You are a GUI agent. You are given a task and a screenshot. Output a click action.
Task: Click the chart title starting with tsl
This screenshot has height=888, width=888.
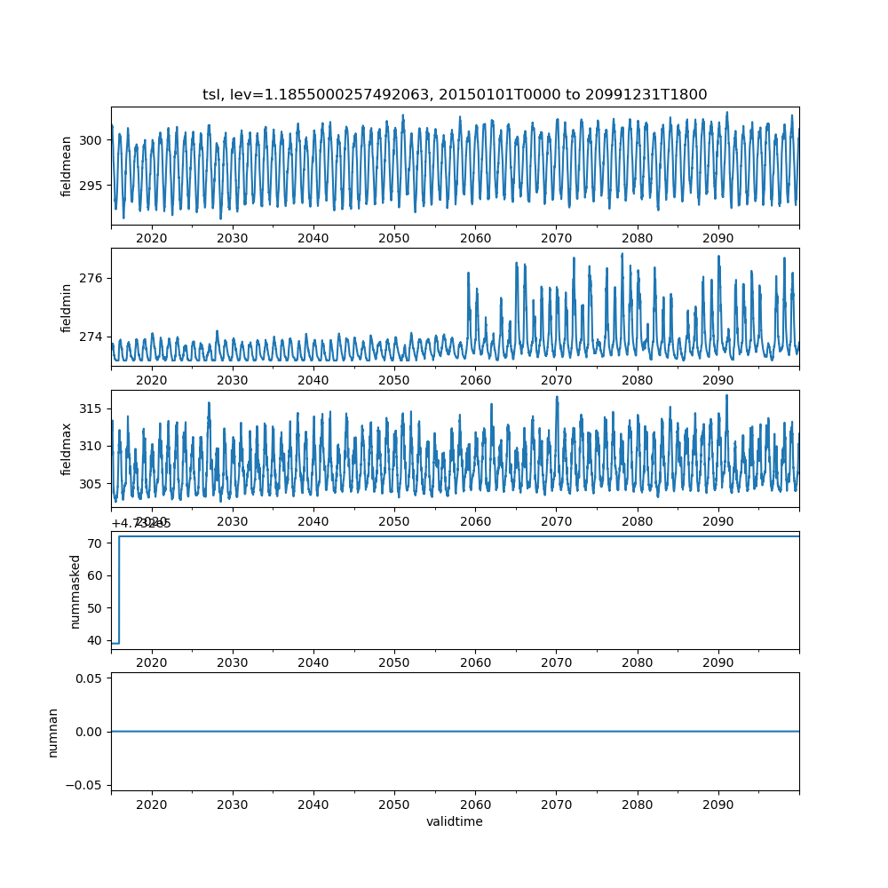pyautogui.click(x=455, y=94)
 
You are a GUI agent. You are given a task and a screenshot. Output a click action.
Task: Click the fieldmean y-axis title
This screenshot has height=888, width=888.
pyautogui.click(x=67, y=167)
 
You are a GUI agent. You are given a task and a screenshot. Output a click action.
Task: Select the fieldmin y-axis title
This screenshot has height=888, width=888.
pyautogui.click(x=67, y=307)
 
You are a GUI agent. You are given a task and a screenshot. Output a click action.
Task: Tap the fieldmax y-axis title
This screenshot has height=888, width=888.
pyautogui.click(x=67, y=448)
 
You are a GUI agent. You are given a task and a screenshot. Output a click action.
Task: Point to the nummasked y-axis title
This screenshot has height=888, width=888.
pyautogui.click(x=75, y=591)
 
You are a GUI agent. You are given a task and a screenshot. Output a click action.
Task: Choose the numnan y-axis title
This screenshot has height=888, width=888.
pyautogui.click(x=53, y=732)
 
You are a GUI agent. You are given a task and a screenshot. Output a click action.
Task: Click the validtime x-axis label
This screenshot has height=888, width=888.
pyautogui.click(x=455, y=821)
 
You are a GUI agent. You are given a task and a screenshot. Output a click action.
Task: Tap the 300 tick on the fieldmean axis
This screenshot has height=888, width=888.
pyautogui.click(x=91, y=139)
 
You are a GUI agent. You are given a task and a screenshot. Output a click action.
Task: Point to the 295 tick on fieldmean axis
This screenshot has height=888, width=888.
pyautogui.click(x=91, y=185)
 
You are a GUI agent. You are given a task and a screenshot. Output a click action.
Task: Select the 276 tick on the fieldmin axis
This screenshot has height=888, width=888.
pyautogui.click(x=91, y=278)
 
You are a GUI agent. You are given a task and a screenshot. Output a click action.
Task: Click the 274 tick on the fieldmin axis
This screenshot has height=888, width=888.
pyautogui.click(x=91, y=337)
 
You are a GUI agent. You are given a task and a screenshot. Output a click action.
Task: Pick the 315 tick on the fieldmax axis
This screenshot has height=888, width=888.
pyautogui.click(x=91, y=408)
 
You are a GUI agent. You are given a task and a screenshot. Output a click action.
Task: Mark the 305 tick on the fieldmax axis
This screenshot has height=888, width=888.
pyautogui.click(x=91, y=484)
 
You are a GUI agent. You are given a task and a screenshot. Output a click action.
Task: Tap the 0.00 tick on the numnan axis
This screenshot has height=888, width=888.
pyautogui.click(x=88, y=732)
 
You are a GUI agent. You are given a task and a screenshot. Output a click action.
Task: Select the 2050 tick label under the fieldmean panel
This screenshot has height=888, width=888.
pyautogui.click(x=394, y=238)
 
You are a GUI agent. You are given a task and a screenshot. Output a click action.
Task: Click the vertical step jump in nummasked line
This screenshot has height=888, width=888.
pyautogui.click(x=119, y=590)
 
